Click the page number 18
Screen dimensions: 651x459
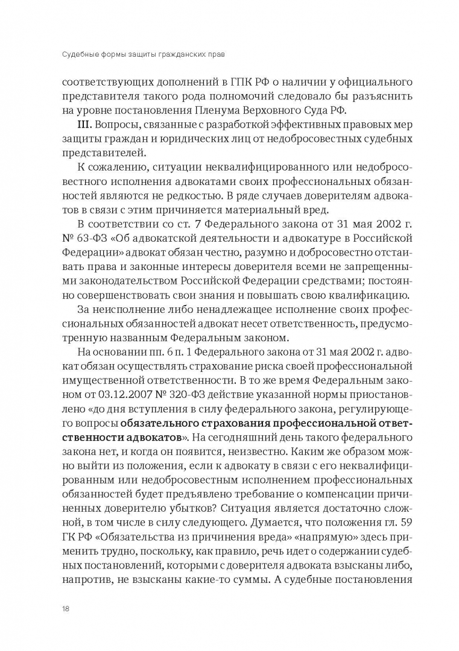click(65, 608)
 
